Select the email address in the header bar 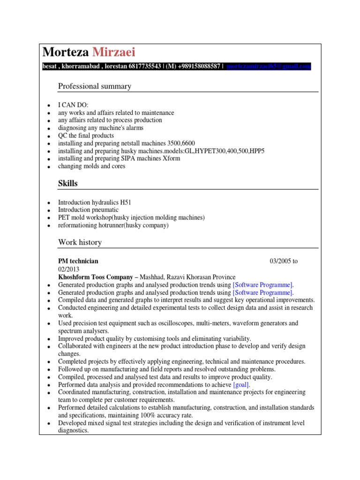[x=268, y=67]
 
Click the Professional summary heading [x=95, y=86]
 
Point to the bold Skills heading [x=68, y=183]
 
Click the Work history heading [x=80, y=242]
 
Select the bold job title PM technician [x=78, y=261]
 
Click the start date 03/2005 [x=280, y=261]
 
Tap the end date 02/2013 [x=69, y=269]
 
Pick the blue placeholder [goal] [x=241, y=384]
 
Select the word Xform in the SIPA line [x=172, y=158]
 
